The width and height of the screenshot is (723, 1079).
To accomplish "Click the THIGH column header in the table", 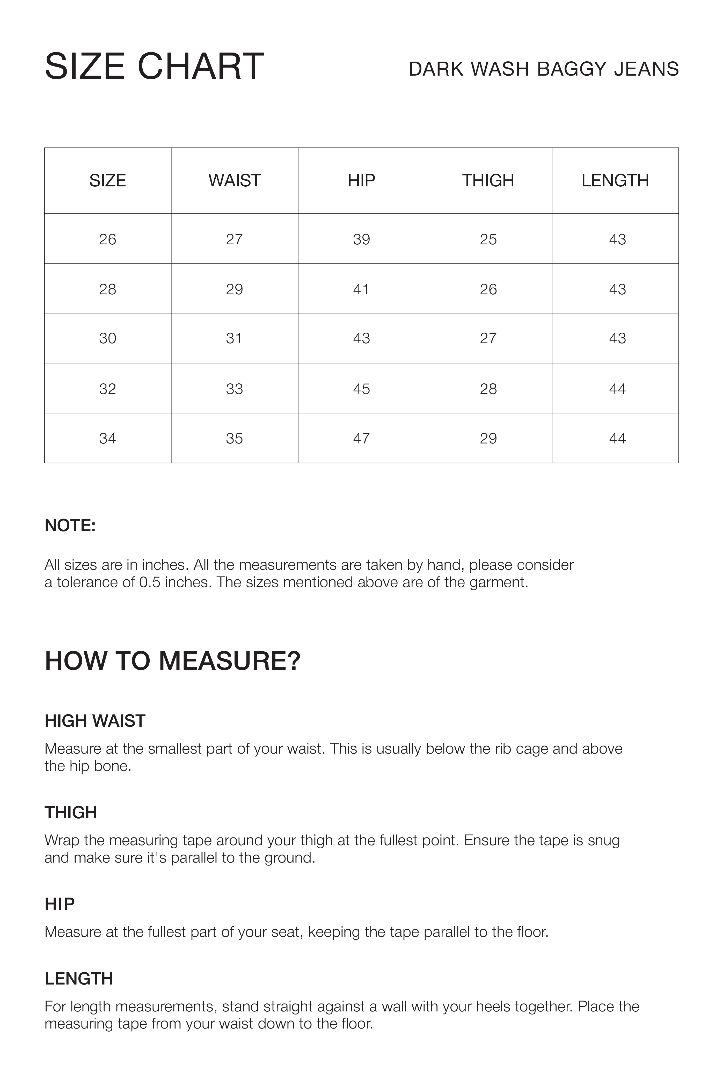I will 488,180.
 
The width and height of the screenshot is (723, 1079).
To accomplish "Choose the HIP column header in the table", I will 361,180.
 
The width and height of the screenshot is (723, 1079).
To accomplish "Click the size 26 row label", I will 107,239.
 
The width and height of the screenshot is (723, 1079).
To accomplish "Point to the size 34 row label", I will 107,438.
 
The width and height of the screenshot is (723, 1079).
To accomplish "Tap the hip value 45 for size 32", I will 361,389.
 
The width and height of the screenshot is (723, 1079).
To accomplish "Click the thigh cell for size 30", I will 488,338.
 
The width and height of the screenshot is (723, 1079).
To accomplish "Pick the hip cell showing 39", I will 361,239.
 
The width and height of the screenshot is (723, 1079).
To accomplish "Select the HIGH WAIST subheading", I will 95,721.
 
